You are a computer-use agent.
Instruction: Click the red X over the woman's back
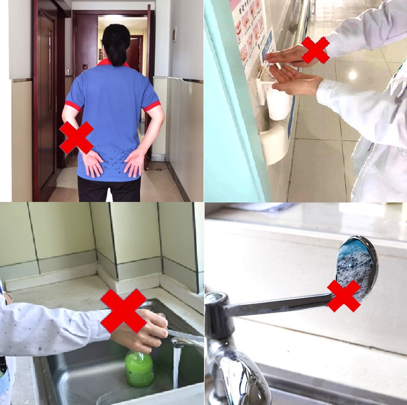coord(76,137)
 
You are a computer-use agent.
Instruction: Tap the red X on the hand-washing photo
coord(315,50)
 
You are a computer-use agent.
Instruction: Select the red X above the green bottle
coord(124,310)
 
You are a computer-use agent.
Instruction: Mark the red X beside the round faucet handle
coord(344,296)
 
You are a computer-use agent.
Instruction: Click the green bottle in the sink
coord(139,368)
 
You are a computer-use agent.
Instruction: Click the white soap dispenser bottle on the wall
coord(278,103)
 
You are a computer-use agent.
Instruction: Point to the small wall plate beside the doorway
coord(174,35)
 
